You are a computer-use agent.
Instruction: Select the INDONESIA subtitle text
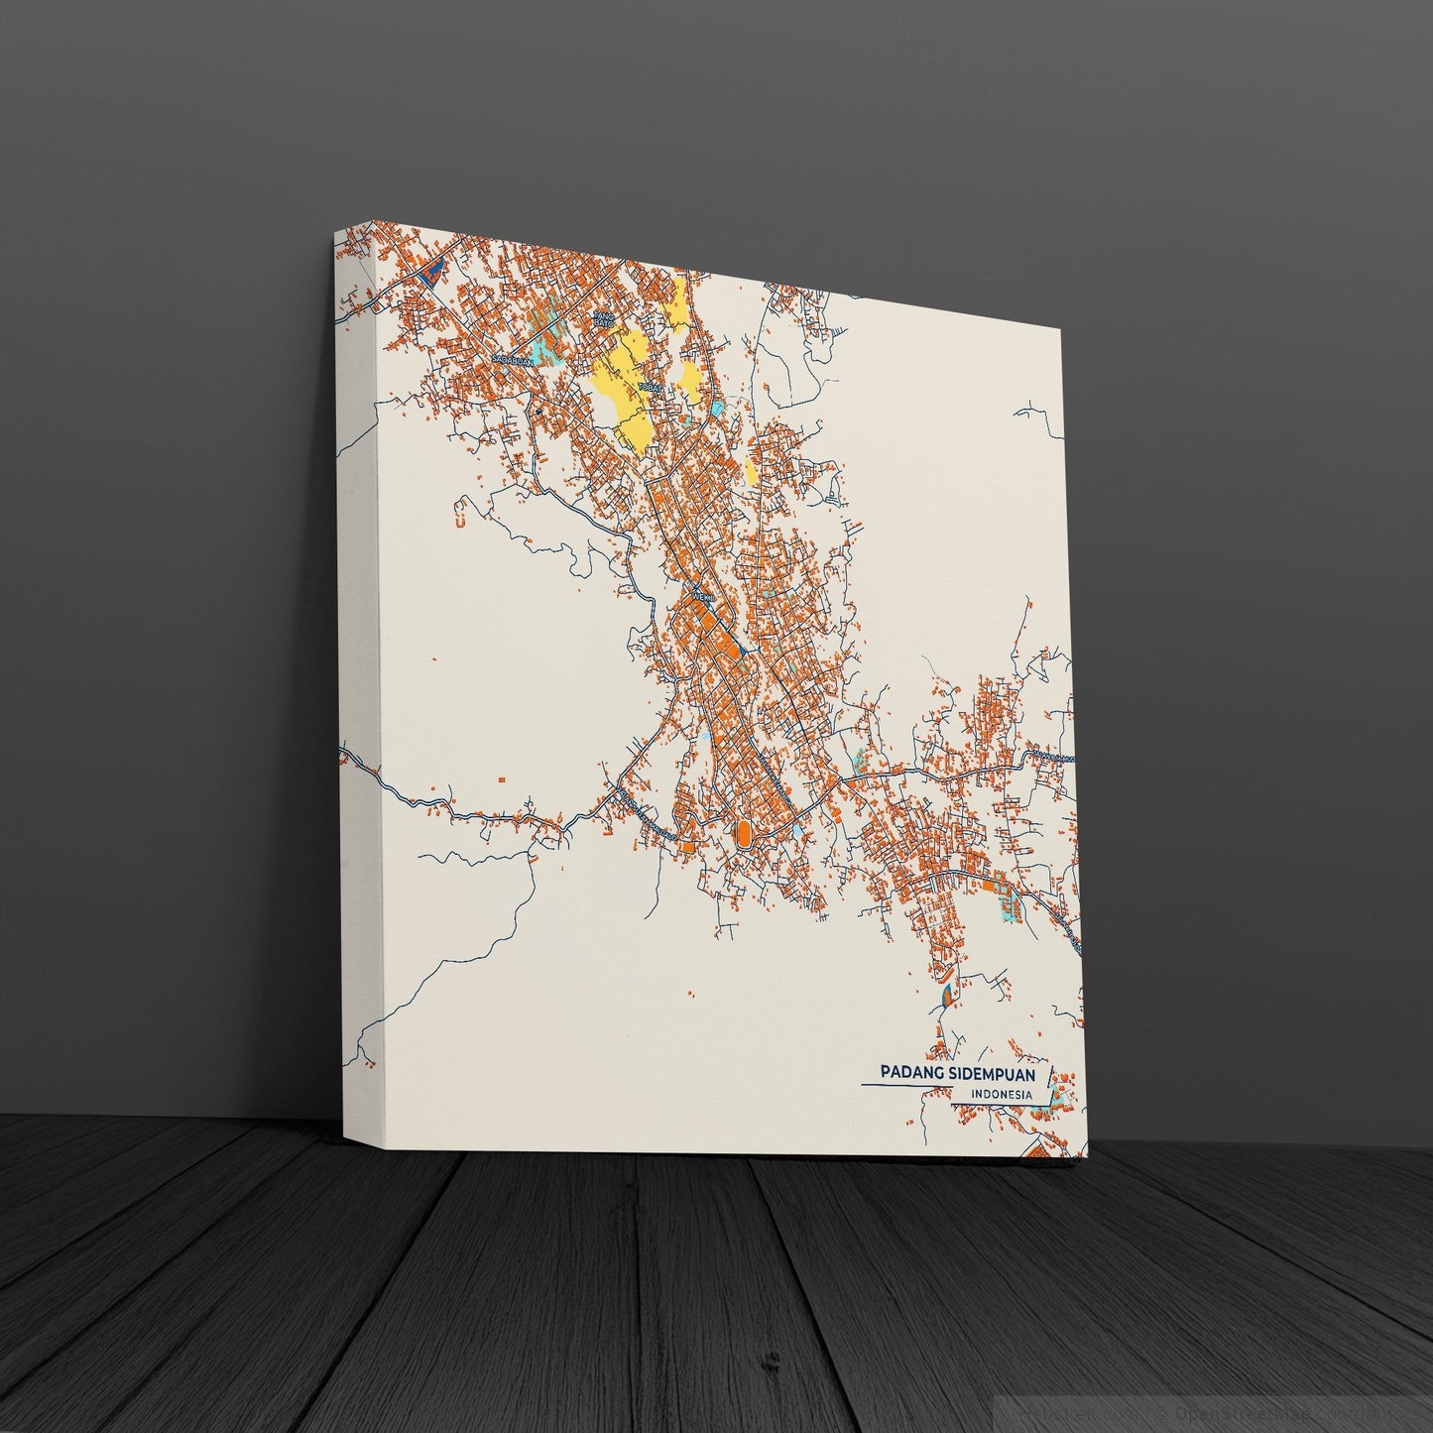coord(1001,1096)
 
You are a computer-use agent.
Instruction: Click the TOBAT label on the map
coord(651,387)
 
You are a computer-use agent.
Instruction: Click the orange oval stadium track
coord(742,832)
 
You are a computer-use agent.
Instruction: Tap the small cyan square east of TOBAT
coord(716,408)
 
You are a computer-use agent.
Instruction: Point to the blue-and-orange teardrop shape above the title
coord(945,992)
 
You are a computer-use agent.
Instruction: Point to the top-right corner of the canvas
coord(1060,330)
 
